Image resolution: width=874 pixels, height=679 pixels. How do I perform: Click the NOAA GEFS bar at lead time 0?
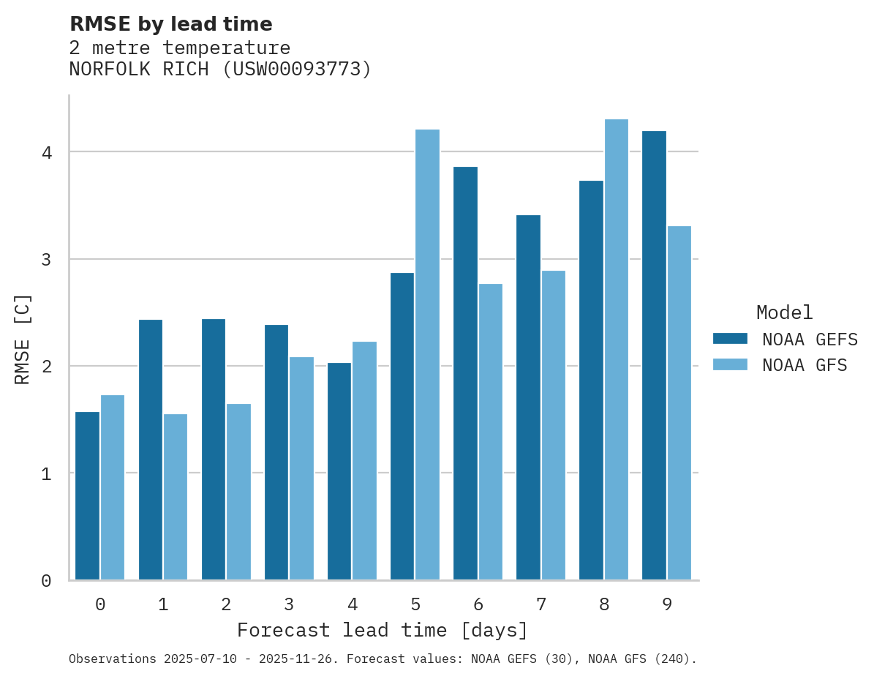[x=87, y=496]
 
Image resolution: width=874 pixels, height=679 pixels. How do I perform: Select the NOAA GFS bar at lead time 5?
[x=427, y=355]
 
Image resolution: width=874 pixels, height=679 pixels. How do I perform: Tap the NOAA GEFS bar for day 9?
[x=654, y=356]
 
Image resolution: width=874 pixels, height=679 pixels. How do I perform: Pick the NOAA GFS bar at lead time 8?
[x=616, y=350]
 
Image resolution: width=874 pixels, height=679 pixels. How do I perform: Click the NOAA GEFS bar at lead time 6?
[x=465, y=373]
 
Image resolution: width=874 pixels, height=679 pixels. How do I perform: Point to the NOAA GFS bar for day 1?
[x=176, y=497]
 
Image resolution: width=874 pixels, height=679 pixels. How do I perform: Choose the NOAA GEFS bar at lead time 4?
[x=339, y=471]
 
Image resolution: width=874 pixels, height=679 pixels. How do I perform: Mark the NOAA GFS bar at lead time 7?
[x=553, y=425]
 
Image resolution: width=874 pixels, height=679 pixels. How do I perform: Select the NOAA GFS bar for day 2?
[x=238, y=492]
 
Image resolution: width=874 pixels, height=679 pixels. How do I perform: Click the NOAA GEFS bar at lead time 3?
[x=276, y=452]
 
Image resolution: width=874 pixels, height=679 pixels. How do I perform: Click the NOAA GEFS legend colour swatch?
[x=730, y=339]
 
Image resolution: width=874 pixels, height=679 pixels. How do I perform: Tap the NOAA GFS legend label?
[x=805, y=365]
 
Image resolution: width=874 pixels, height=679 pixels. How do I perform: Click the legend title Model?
[x=784, y=313]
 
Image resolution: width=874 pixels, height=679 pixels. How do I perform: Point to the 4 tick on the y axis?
[x=46, y=152]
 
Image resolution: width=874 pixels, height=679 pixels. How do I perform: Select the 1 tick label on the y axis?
[x=46, y=473]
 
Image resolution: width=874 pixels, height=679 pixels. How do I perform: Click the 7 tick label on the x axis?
[x=541, y=604]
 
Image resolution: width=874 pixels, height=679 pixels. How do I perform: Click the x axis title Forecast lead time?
[x=382, y=631]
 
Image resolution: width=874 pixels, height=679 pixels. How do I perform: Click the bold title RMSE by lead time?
[x=171, y=24]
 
